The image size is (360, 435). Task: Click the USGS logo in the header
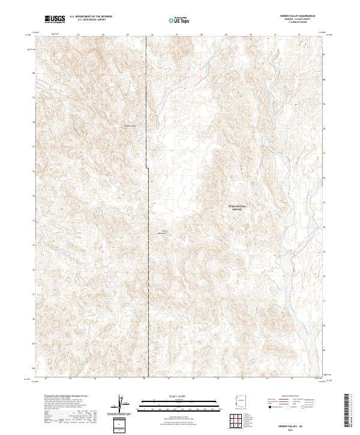pos(55,19)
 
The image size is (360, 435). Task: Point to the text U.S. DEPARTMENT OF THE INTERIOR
pos(91,17)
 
